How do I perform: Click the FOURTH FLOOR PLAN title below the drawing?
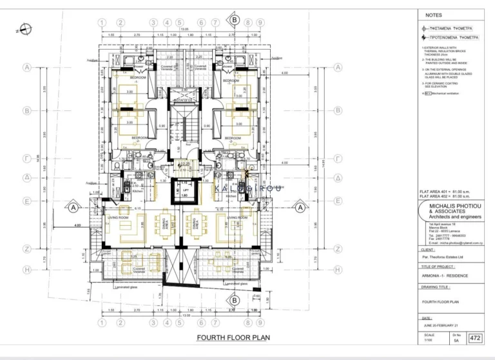233,337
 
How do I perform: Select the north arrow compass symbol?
23,28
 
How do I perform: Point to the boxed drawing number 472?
476,337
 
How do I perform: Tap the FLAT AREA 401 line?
445,192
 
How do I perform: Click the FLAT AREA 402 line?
445,196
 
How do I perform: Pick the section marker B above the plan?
234,20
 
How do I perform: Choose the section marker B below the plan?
234,300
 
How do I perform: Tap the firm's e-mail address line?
451,243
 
